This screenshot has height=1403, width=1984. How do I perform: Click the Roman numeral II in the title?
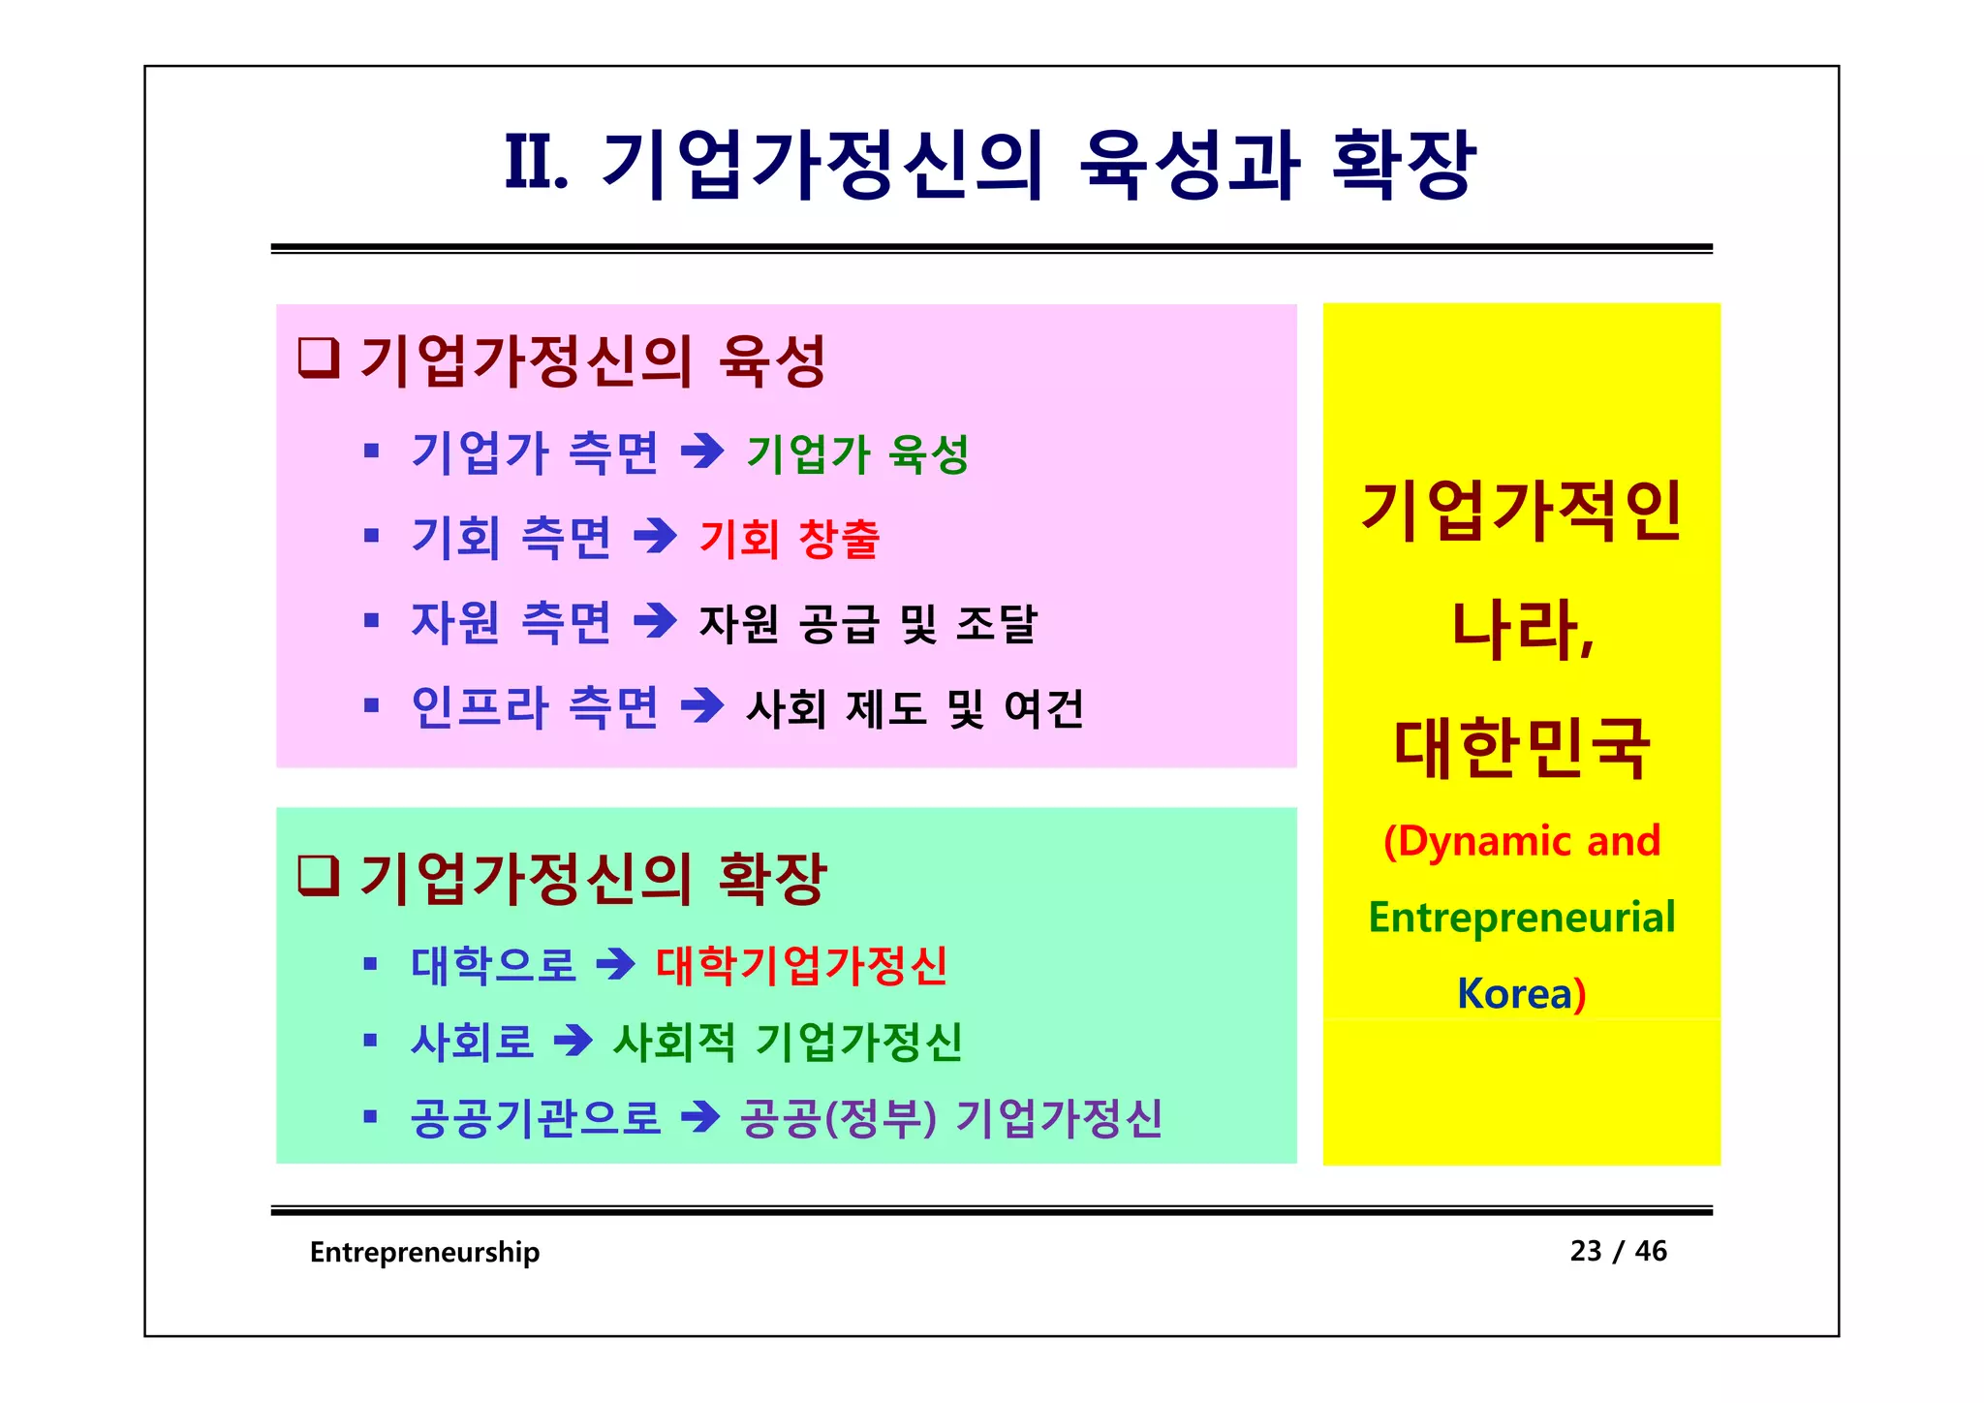536,163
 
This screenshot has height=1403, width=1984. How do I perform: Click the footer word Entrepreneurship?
424,1252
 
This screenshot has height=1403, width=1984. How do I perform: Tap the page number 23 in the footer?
1586,1251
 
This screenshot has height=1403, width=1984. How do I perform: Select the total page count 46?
1651,1251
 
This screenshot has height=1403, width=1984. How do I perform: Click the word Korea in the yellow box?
1513,994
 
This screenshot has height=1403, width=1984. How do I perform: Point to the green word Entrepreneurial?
1521,918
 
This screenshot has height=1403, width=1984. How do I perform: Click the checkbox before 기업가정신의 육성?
318,358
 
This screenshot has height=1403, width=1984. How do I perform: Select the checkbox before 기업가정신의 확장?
318,875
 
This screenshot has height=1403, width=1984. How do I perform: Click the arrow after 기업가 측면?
702,452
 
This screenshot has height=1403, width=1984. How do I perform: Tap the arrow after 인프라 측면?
702,705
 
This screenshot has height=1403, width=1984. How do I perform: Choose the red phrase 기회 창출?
790,538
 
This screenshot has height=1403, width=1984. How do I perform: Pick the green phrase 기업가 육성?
857,453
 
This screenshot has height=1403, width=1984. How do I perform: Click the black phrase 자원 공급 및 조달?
868,623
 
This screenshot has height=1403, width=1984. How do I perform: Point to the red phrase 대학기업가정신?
801,965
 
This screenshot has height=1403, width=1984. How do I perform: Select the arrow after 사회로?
573,1042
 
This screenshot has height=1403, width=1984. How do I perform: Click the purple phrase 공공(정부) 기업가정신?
950,1118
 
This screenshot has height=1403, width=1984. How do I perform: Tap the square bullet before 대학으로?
370,964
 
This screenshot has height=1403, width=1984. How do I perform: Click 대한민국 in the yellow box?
1521,748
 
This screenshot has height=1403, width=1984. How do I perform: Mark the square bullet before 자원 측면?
370,620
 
